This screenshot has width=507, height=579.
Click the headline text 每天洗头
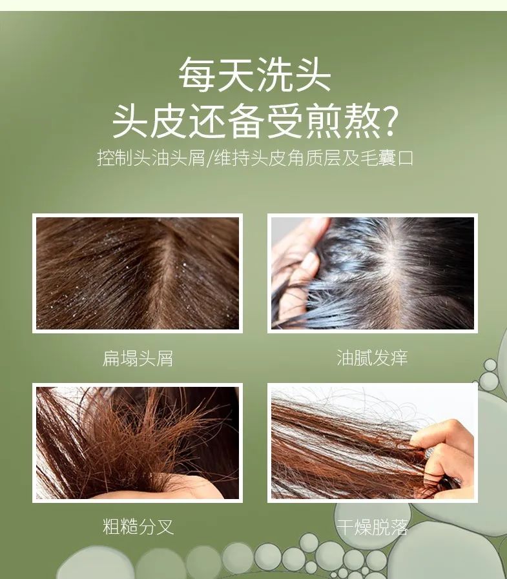point(254,75)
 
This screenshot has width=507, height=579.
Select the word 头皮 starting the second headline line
point(152,121)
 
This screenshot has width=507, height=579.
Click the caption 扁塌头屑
point(138,358)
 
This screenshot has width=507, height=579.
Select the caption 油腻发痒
point(372,358)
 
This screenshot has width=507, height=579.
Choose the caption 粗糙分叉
point(138,527)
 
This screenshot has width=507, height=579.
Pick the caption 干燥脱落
point(372,527)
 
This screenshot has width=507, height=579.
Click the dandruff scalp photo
point(138,273)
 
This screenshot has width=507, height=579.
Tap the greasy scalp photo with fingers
point(372,273)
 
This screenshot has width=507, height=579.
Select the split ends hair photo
point(138,443)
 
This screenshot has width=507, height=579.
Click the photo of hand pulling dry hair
point(372,443)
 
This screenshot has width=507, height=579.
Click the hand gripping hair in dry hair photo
point(446,451)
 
